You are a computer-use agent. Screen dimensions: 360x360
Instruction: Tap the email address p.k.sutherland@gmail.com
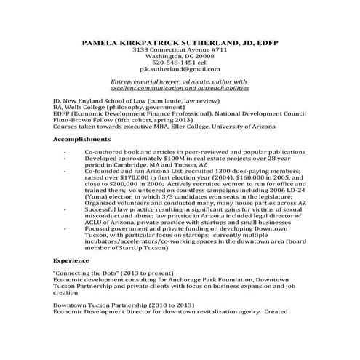(x=179, y=69)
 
